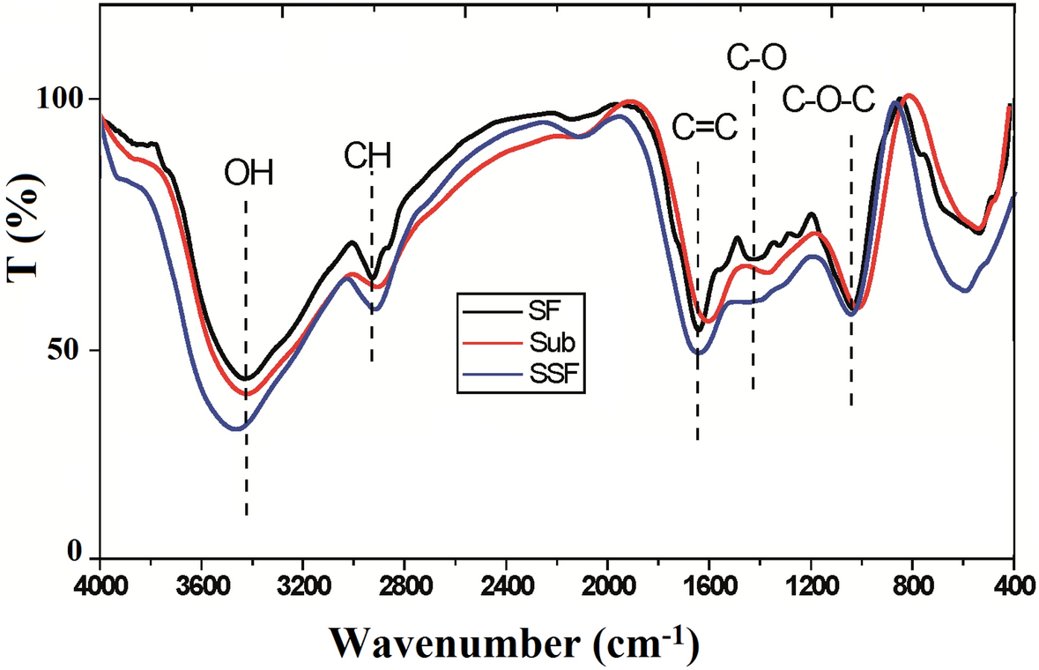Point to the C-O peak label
(756, 58)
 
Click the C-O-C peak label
(828, 102)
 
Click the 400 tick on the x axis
(1013, 587)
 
